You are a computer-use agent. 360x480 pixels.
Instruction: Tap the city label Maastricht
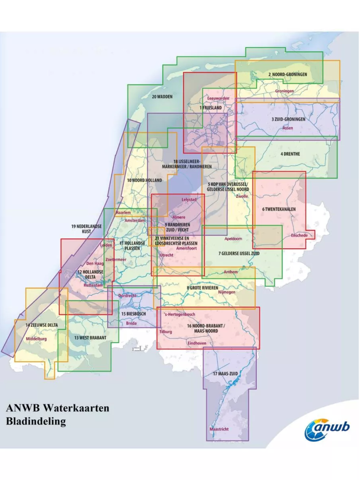click(x=219, y=429)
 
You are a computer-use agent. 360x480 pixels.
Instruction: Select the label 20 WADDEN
click(x=162, y=96)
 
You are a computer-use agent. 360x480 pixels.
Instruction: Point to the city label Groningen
click(x=285, y=91)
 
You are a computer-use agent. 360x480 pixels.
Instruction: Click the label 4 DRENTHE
click(x=290, y=154)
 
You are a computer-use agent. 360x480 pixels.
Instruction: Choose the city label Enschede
click(x=299, y=235)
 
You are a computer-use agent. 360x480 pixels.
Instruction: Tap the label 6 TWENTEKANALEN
click(x=279, y=209)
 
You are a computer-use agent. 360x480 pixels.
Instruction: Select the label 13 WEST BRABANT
click(x=90, y=337)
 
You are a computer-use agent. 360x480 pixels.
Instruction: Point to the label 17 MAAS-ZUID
click(x=227, y=373)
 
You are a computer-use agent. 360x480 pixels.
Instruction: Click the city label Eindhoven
click(x=197, y=343)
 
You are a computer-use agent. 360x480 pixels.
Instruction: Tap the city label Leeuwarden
click(x=218, y=98)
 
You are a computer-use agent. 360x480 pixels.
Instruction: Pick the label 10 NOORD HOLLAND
click(x=144, y=180)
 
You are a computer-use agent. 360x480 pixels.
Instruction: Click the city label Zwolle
click(x=242, y=196)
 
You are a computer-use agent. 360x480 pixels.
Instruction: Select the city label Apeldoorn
click(x=233, y=239)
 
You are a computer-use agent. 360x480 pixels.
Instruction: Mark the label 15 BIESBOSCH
click(x=133, y=314)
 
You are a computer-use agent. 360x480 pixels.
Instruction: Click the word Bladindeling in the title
click(x=36, y=421)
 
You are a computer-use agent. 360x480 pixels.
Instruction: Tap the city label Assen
click(x=288, y=128)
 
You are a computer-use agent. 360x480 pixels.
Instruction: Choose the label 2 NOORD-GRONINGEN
click(x=288, y=75)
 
